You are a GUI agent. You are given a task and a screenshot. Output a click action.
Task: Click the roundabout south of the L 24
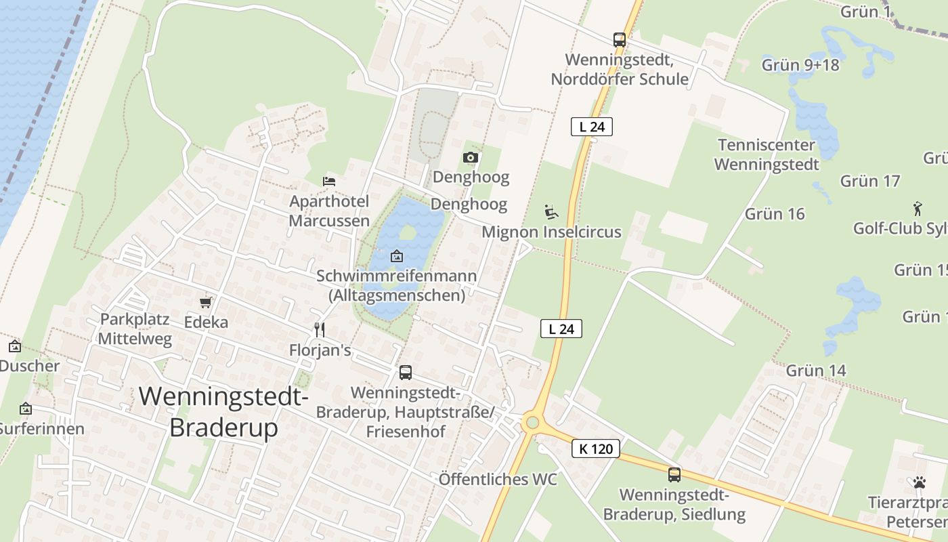[x=532, y=423]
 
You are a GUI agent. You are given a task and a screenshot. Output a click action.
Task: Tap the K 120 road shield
[x=596, y=449]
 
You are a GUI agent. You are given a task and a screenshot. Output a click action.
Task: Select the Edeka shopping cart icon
[x=206, y=302]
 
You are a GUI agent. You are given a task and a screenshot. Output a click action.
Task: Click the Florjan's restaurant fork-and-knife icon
[x=320, y=330]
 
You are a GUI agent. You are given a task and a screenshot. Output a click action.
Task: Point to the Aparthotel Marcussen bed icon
[x=329, y=181]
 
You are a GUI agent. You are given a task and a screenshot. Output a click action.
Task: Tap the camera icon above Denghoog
[x=471, y=158]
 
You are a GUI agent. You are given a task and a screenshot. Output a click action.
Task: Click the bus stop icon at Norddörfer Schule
[x=620, y=39]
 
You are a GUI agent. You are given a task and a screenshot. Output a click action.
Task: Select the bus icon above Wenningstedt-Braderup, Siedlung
[x=674, y=474]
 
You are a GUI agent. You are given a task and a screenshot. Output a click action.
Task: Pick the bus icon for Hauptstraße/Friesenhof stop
[x=406, y=372]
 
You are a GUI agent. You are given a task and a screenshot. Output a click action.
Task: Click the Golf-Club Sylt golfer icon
[x=918, y=208]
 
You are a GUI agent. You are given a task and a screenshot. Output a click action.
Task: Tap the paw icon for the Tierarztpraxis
[x=920, y=482]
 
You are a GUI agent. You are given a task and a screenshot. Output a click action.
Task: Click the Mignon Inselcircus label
[x=551, y=232]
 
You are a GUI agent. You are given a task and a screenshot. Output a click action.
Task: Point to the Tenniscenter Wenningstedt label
[x=767, y=154]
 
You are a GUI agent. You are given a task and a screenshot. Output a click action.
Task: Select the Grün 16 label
[x=775, y=214]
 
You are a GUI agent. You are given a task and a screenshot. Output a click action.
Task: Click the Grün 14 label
[x=816, y=371]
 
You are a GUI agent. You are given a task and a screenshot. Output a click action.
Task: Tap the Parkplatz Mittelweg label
[x=135, y=329]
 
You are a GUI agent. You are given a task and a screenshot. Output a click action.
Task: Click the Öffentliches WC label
[x=498, y=479]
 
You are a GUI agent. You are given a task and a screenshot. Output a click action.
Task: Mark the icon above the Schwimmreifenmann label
[x=397, y=256]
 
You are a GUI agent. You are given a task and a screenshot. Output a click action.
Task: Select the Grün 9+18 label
[x=800, y=65]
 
